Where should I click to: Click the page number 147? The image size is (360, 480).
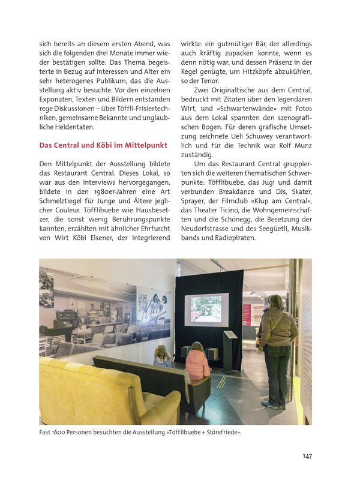click(x=307, y=456)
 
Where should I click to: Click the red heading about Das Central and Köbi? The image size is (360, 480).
click(x=103, y=145)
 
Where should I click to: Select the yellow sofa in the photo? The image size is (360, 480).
click(x=102, y=390)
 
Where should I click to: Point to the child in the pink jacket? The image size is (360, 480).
click(x=197, y=361)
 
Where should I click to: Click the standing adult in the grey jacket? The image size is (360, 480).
click(x=277, y=348)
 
